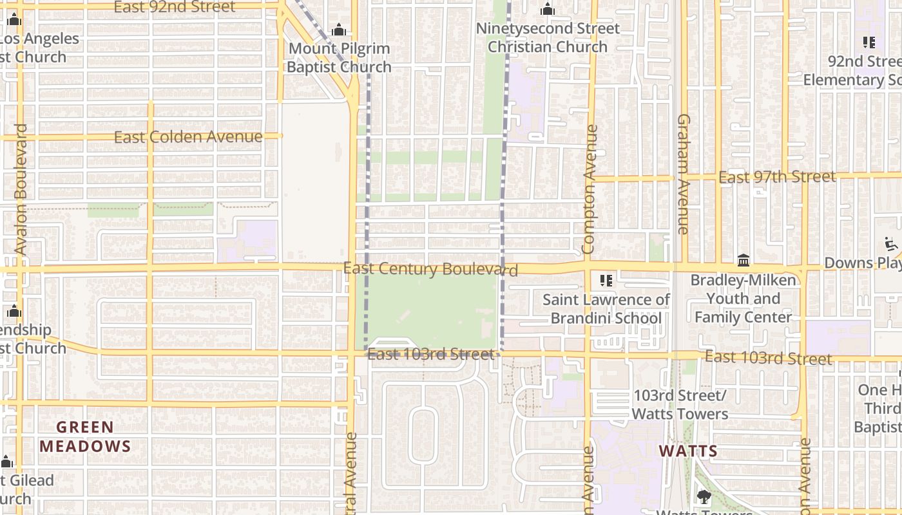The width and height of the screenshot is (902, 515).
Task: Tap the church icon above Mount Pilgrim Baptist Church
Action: (x=338, y=30)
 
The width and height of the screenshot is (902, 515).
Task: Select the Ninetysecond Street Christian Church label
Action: (x=548, y=37)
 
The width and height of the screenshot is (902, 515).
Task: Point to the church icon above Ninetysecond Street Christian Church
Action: (x=548, y=9)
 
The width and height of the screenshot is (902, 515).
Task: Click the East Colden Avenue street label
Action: (x=188, y=137)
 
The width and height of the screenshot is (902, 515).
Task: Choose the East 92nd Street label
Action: (x=175, y=7)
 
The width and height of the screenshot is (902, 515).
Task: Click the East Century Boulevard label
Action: (x=430, y=268)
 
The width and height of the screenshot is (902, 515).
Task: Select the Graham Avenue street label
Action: (x=684, y=174)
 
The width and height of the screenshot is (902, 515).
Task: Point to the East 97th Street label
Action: (x=777, y=176)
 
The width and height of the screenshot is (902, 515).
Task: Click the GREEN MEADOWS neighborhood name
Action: (x=85, y=436)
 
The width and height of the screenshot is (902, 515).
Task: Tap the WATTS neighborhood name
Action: (x=688, y=451)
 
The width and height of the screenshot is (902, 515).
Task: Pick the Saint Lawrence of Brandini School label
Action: (x=606, y=309)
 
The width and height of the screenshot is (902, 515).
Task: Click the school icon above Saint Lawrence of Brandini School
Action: (x=606, y=280)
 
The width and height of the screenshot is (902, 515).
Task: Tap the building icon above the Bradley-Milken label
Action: (x=744, y=261)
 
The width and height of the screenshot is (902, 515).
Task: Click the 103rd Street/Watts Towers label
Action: (x=680, y=404)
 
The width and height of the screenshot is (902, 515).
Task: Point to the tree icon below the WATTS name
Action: (x=704, y=496)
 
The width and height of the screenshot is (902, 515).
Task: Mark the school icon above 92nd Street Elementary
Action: (x=869, y=42)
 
